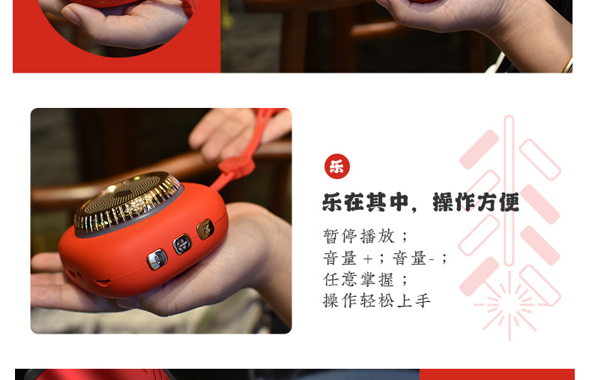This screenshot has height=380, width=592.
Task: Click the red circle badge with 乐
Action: [x=336, y=166]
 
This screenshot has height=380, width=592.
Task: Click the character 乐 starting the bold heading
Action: [x=332, y=202]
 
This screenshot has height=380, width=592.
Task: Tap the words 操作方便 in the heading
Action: [x=476, y=202]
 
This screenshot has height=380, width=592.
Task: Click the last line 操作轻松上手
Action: [x=376, y=301]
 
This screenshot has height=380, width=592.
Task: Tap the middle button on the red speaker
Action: [x=182, y=244]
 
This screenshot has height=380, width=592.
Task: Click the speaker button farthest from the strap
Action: [x=157, y=259]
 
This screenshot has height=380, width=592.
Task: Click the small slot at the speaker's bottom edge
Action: [x=103, y=282]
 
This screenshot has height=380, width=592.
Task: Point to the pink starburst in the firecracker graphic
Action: [x=510, y=304]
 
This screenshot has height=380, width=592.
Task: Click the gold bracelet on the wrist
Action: [x=567, y=65]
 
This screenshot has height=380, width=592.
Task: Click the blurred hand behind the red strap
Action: [x=238, y=132]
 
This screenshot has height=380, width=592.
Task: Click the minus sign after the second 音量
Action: [x=432, y=259]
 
